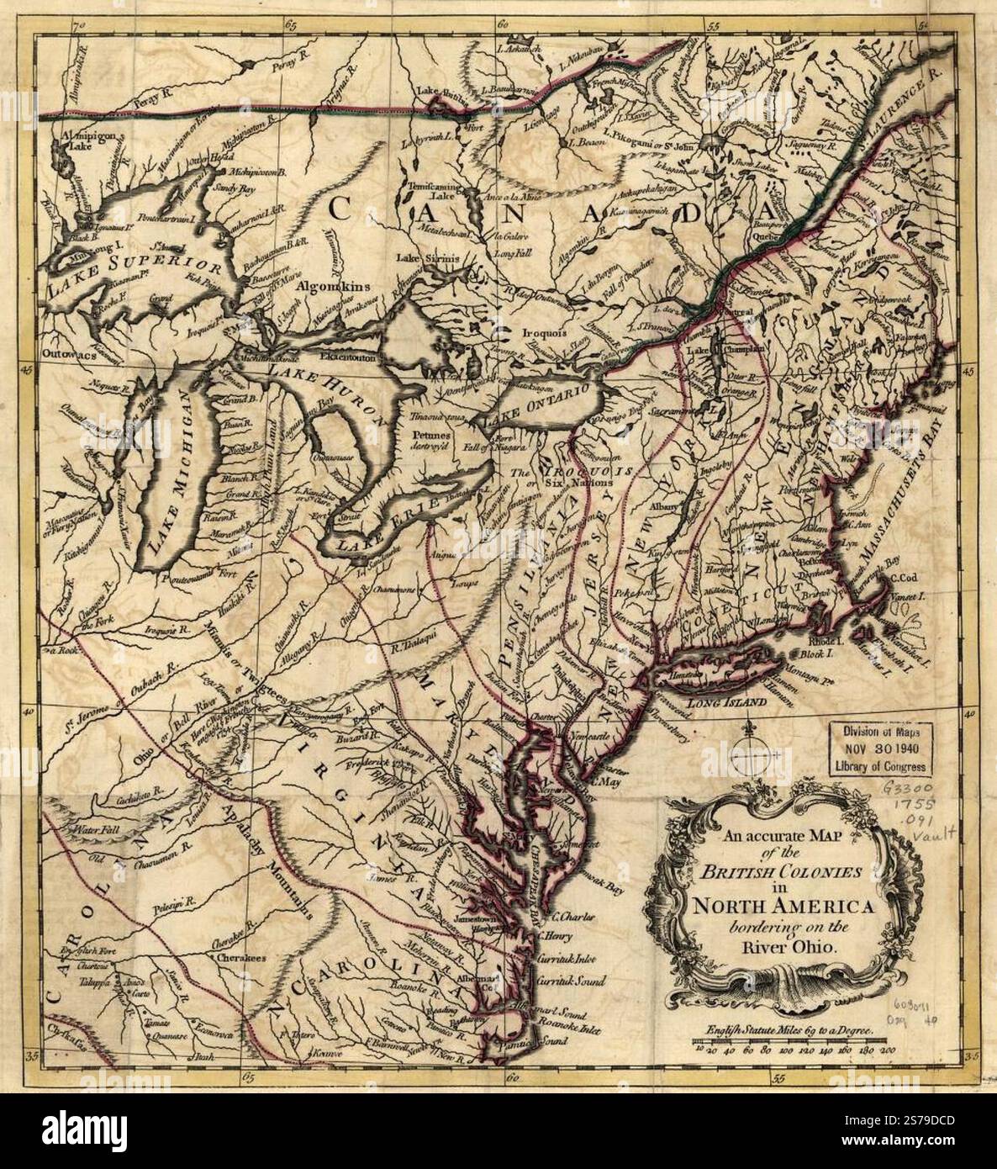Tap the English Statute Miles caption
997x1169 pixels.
(x=781, y=1028)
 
